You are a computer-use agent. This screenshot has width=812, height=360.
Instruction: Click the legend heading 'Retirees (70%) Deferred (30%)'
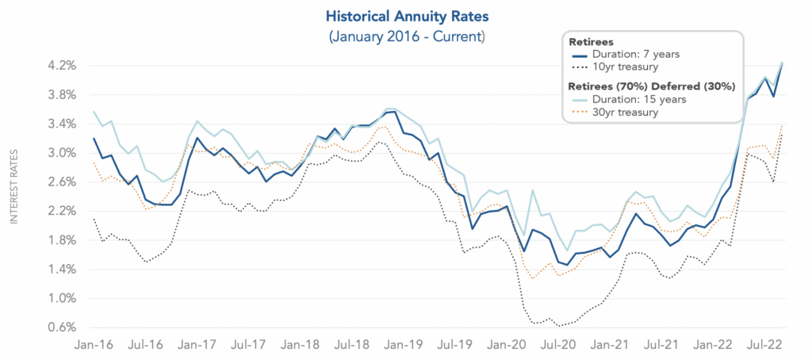[x=653, y=86]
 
